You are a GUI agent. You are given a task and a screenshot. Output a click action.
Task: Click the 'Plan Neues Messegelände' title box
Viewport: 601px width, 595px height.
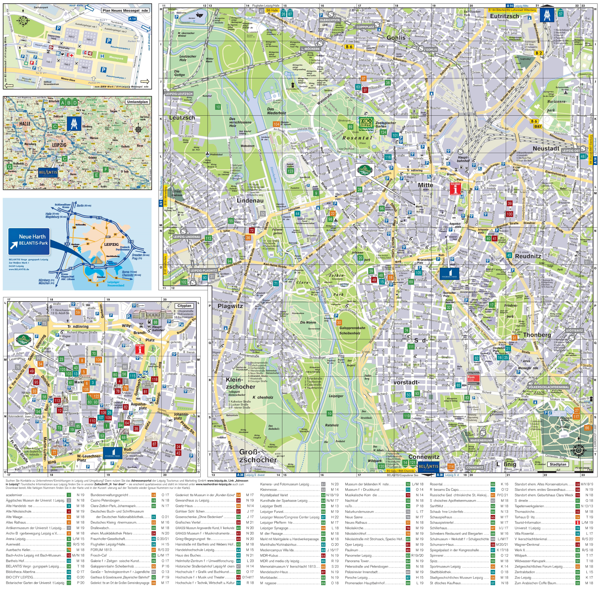125,10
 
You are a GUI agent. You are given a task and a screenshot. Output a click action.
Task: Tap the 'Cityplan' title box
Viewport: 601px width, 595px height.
184,306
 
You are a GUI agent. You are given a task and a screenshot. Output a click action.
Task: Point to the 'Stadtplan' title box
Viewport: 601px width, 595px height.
558,464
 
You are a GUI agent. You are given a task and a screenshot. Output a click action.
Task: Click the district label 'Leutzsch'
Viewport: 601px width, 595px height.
182,118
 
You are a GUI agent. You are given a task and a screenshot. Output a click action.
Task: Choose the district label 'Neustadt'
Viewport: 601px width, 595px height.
546,148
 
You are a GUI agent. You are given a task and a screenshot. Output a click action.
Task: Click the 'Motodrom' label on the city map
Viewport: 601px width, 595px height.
248,146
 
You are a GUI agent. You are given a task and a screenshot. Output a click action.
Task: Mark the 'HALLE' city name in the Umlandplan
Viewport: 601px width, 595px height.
25,124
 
